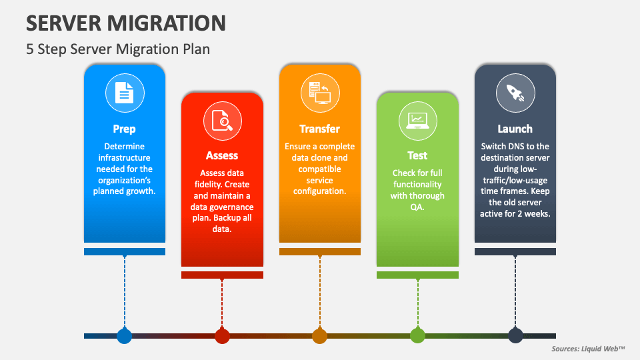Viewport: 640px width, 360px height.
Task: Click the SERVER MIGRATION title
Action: click(x=126, y=23)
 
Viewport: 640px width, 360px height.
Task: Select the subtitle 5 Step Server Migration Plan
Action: click(x=118, y=49)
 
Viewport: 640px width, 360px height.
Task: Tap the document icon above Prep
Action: click(x=125, y=93)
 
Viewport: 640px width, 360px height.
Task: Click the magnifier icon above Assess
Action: click(x=223, y=121)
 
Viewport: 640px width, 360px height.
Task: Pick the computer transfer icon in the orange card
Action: click(x=319, y=93)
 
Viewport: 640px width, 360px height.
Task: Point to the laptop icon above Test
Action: click(x=417, y=121)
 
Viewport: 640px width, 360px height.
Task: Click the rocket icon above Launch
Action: click(x=515, y=93)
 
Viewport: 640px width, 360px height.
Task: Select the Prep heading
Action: click(x=124, y=129)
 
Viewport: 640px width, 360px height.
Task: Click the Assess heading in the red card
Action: click(x=221, y=155)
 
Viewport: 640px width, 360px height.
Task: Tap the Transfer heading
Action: click(x=319, y=129)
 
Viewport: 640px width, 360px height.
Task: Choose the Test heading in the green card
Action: click(x=417, y=155)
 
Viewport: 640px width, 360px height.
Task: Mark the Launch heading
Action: click(x=515, y=129)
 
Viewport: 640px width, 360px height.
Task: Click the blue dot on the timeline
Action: click(x=125, y=336)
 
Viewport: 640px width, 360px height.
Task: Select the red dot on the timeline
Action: click(x=222, y=336)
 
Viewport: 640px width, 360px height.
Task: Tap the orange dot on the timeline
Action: click(x=319, y=336)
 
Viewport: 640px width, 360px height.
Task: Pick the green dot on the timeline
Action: click(x=417, y=336)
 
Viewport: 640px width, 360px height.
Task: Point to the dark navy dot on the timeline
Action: click(x=515, y=336)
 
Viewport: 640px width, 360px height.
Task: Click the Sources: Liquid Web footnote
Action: click(x=588, y=349)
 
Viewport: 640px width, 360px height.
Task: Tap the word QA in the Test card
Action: click(x=417, y=207)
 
